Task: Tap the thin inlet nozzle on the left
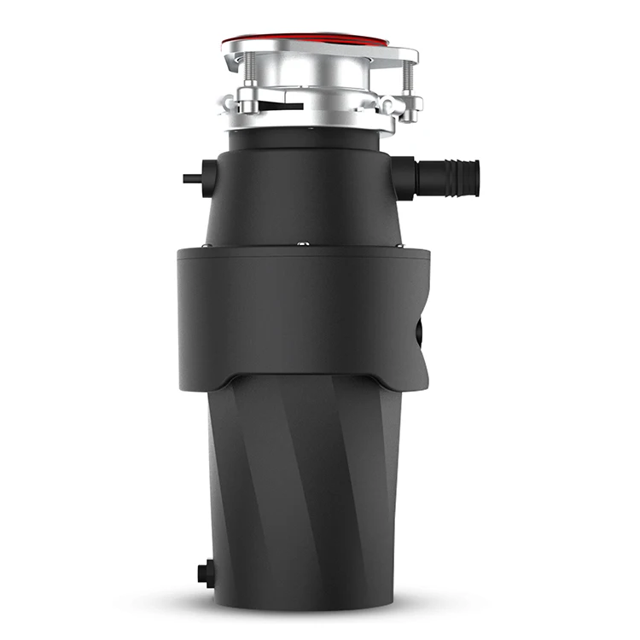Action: (x=192, y=179)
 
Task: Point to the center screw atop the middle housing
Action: (x=302, y=245)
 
